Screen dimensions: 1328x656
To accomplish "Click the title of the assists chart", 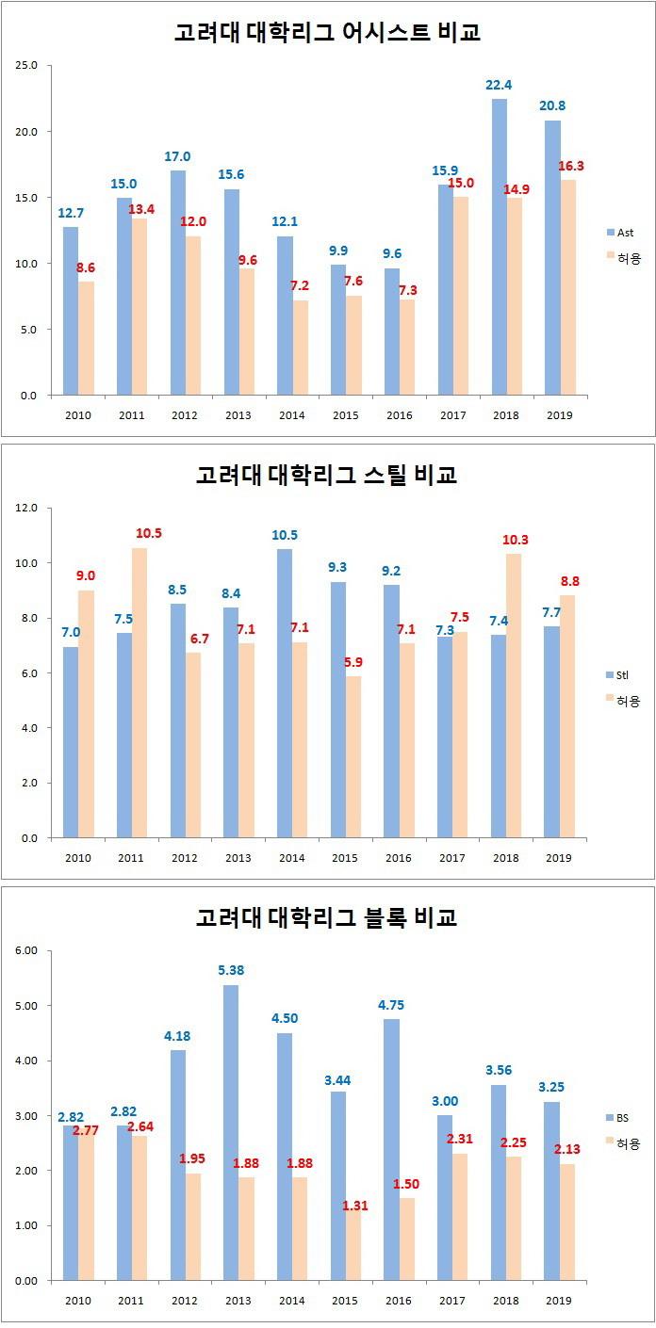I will pos(327,32).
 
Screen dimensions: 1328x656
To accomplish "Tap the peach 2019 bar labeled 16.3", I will pos(568,286).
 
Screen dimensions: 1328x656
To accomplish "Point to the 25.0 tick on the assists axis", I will pos(25,66).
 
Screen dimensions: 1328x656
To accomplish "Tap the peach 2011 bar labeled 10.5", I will pos(139,692).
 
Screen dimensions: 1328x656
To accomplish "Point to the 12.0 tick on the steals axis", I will pos(25,509).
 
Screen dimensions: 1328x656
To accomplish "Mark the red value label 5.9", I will pos(353,662).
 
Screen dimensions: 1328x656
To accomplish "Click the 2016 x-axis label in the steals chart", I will pos(399,858).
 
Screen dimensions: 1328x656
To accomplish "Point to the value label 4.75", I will pos(392,1005).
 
